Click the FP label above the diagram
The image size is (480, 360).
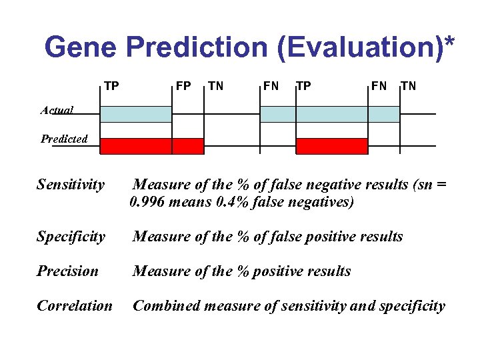tap(183, 85)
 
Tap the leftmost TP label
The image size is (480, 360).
tap(111, 85)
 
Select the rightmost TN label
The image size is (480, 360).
tap(407, 85)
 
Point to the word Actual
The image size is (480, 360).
tap(57, 110)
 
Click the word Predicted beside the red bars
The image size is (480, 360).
tap(64, 139)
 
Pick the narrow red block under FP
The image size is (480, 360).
tap(188, 146)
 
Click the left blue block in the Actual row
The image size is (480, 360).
tap(136, 114)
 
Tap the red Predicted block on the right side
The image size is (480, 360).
tap(331, 146)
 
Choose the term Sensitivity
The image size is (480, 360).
tap(71, 184)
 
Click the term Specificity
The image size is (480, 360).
tap(71, 237)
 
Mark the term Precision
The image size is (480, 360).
tap(67, 271)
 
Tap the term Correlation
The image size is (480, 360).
tap(75, 306)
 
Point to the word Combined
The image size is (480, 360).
tap(167, 306)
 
